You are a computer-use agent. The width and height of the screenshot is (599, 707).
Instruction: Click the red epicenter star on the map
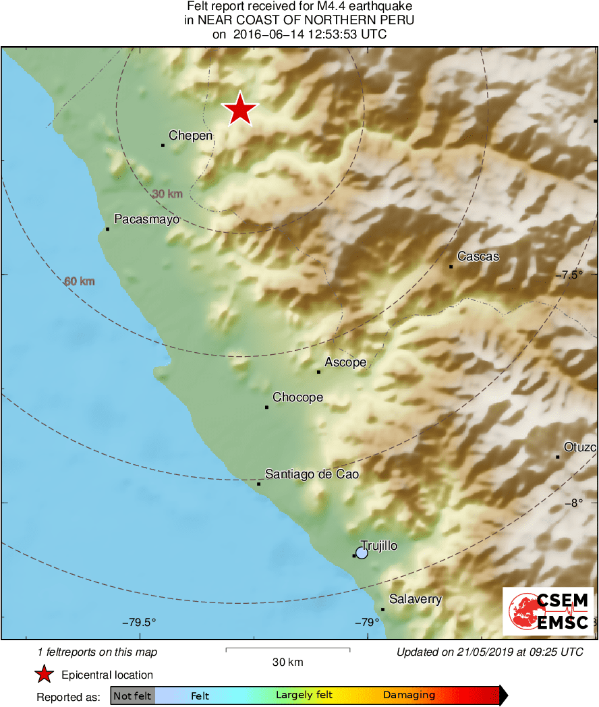240,109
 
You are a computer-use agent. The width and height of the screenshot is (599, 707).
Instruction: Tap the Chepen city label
190,136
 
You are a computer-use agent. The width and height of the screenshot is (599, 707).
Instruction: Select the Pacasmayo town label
146,219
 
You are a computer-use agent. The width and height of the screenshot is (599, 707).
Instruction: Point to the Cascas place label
478,256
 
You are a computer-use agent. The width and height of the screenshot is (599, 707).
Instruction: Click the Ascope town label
345,362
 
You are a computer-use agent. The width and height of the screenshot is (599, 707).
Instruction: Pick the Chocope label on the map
297,398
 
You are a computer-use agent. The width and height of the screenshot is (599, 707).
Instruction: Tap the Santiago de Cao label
312,475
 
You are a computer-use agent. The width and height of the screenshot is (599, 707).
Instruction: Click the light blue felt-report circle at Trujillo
362,553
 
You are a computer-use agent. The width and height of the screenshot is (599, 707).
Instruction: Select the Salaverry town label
416,599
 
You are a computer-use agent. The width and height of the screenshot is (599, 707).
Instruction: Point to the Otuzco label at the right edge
580,447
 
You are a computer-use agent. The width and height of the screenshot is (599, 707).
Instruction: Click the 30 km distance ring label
167,194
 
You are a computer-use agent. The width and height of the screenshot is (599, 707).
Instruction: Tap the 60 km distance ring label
80,281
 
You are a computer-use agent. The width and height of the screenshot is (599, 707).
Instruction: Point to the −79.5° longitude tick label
139,622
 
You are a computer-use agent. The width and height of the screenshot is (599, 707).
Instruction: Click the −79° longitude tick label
365,622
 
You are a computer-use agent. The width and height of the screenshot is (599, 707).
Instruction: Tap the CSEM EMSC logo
548,611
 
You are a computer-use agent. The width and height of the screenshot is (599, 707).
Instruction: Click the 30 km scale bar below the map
287,650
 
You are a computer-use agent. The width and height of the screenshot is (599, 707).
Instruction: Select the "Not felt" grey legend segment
132,696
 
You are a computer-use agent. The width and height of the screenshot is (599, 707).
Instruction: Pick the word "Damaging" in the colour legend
409,696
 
